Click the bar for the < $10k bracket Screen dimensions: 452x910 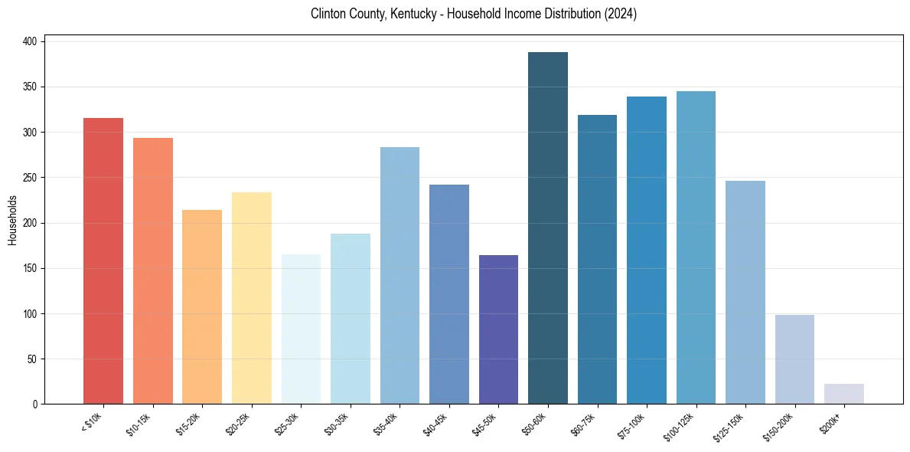pyautogui.click(x=103, y=260)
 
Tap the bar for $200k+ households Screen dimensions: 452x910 pyautogui.click(x=844, y=394)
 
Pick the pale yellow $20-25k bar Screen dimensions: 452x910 pyautogui.click(x=252, y=298)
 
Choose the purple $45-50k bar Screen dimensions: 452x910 pyautogui.click(x=498, y=329)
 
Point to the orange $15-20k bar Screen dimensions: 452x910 pyautogui.click(x=202, y=306)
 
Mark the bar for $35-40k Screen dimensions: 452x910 pyautogui.click(x=400, y=275)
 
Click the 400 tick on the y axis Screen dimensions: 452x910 pyautogui.click(x=31, y=42)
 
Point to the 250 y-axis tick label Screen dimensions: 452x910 pyautogui.click(x=31, y=178)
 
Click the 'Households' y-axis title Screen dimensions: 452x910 pyautogui.click(x=12, y=220)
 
